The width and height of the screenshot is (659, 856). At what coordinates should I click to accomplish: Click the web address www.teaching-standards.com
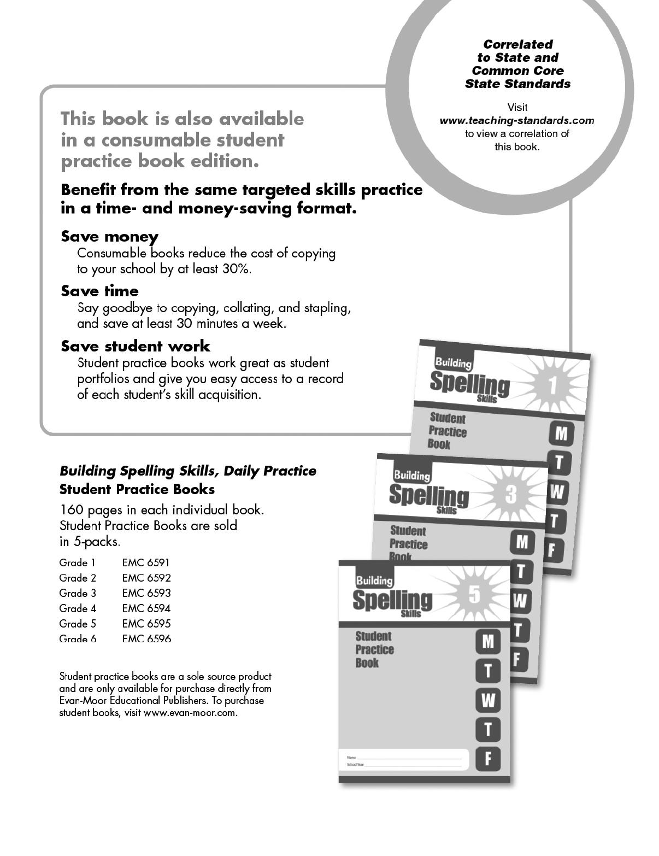click(516, 121)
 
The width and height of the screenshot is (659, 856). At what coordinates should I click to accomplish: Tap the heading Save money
click(109, 237)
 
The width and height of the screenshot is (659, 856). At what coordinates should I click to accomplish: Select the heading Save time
click(99, 291)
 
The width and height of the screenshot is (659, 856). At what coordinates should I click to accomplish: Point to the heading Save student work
click(135, 346)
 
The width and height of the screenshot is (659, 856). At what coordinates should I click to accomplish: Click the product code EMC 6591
click(146, 562)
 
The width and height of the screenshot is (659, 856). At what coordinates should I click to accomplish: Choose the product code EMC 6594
click(146, 608)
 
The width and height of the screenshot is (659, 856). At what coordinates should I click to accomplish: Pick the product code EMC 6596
click(146, 639)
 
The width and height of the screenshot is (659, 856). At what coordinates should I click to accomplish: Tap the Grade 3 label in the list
click(78, 593)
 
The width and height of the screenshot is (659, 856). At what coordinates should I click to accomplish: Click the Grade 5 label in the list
click(78, 624)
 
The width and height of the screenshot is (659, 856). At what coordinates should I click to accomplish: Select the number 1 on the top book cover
click(552, 386)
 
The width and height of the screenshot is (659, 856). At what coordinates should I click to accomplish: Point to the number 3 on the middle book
click(511, 495)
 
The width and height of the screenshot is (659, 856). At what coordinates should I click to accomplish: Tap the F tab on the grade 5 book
click(488, 758)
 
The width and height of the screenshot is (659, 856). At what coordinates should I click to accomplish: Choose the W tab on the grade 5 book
click(488, 700)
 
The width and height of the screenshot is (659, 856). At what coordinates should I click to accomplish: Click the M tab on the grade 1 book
click(561, 434)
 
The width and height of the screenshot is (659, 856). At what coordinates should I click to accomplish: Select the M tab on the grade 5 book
click(488, 641)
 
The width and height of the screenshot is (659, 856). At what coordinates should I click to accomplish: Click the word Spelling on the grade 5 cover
click(392, 600)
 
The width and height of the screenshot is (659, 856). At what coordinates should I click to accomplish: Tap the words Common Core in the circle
click(517, 71)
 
